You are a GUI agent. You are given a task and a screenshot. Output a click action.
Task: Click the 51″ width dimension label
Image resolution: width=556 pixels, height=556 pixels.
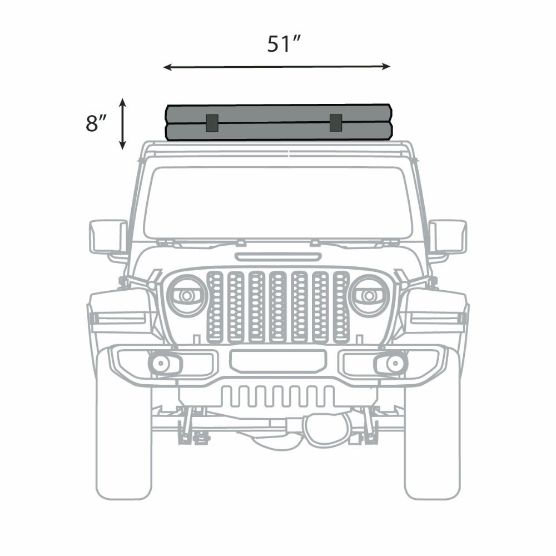pyautogui.click(x=284, y=43)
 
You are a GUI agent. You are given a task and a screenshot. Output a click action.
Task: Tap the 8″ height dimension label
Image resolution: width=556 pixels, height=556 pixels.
pyautogui.click(x=96, y=123)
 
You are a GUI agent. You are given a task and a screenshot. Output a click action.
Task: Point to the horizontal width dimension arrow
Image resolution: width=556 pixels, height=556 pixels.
pyautogui.click(x=277, y=67)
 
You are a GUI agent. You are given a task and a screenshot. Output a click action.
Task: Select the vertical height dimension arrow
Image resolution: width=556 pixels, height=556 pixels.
pyautogui.click(x=122, y=124)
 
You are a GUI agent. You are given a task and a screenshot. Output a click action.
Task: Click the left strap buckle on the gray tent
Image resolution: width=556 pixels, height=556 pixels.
pyautogui.click(x=212, y=123)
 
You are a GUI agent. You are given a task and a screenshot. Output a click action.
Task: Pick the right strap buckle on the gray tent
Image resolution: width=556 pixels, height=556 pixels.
pyautogui.click(x=335, y=123)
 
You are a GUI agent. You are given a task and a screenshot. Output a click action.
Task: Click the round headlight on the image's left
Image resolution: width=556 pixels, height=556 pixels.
pyautogui.click(x=187, y=295)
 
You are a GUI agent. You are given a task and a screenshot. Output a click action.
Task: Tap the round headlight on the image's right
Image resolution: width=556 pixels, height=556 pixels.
pyautogui.click(x=369, y=295)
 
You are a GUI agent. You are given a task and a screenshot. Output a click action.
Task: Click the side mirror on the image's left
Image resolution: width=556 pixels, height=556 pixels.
pyautogui.click(x=108, y=237)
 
